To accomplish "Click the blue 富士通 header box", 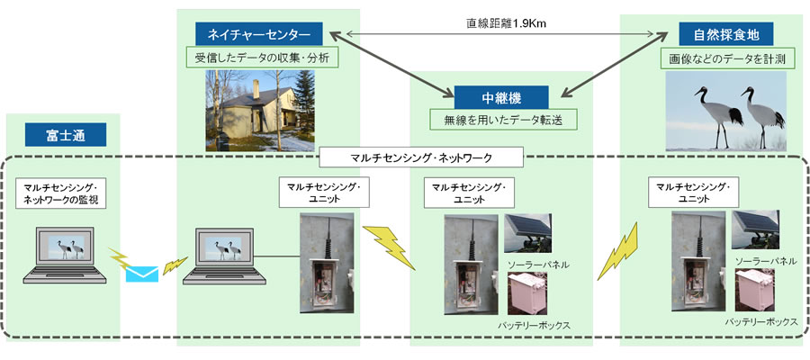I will point(64,136).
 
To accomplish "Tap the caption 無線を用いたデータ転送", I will point(502,119).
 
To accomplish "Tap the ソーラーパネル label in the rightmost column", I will point(765,260).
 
